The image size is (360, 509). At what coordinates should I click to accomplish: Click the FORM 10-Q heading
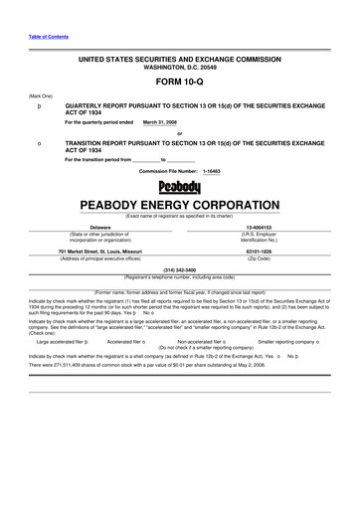tap(180, 82)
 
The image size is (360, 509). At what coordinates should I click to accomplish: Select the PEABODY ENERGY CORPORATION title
tap(180, 206)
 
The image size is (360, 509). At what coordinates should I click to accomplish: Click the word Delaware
tap(100, 227)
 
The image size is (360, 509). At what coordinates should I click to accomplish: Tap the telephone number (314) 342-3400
tap(180, 269)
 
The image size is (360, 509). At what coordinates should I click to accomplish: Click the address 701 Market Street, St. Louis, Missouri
tap(100, 252)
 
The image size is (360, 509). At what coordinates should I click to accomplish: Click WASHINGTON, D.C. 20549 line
tap(180, 67)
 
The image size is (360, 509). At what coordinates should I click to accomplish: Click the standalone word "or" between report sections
tap(180, 133)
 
